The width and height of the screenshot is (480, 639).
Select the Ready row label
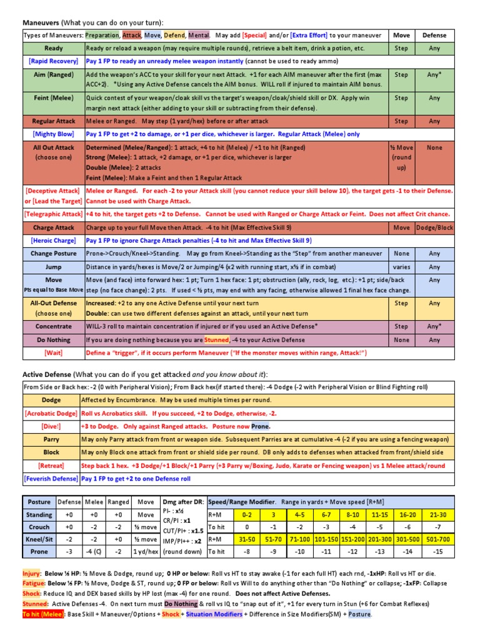pos(53,48)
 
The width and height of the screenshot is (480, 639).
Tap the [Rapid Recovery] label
pos(53,61)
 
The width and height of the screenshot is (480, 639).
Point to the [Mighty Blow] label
pos(53,134)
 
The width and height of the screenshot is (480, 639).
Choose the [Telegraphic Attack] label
pos(53,214)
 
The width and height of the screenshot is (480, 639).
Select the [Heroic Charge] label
pos(53,241)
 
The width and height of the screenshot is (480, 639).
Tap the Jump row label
pos(53,267)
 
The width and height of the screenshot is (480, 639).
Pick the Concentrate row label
pos(53,326)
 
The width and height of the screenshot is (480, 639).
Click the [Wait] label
pos(53,353)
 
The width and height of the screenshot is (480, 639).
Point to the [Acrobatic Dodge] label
pos(51,413)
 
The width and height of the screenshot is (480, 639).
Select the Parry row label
pos(51,439)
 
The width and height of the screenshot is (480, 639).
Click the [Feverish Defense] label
pos(51,479)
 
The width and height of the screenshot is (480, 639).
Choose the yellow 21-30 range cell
pos(437,515)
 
